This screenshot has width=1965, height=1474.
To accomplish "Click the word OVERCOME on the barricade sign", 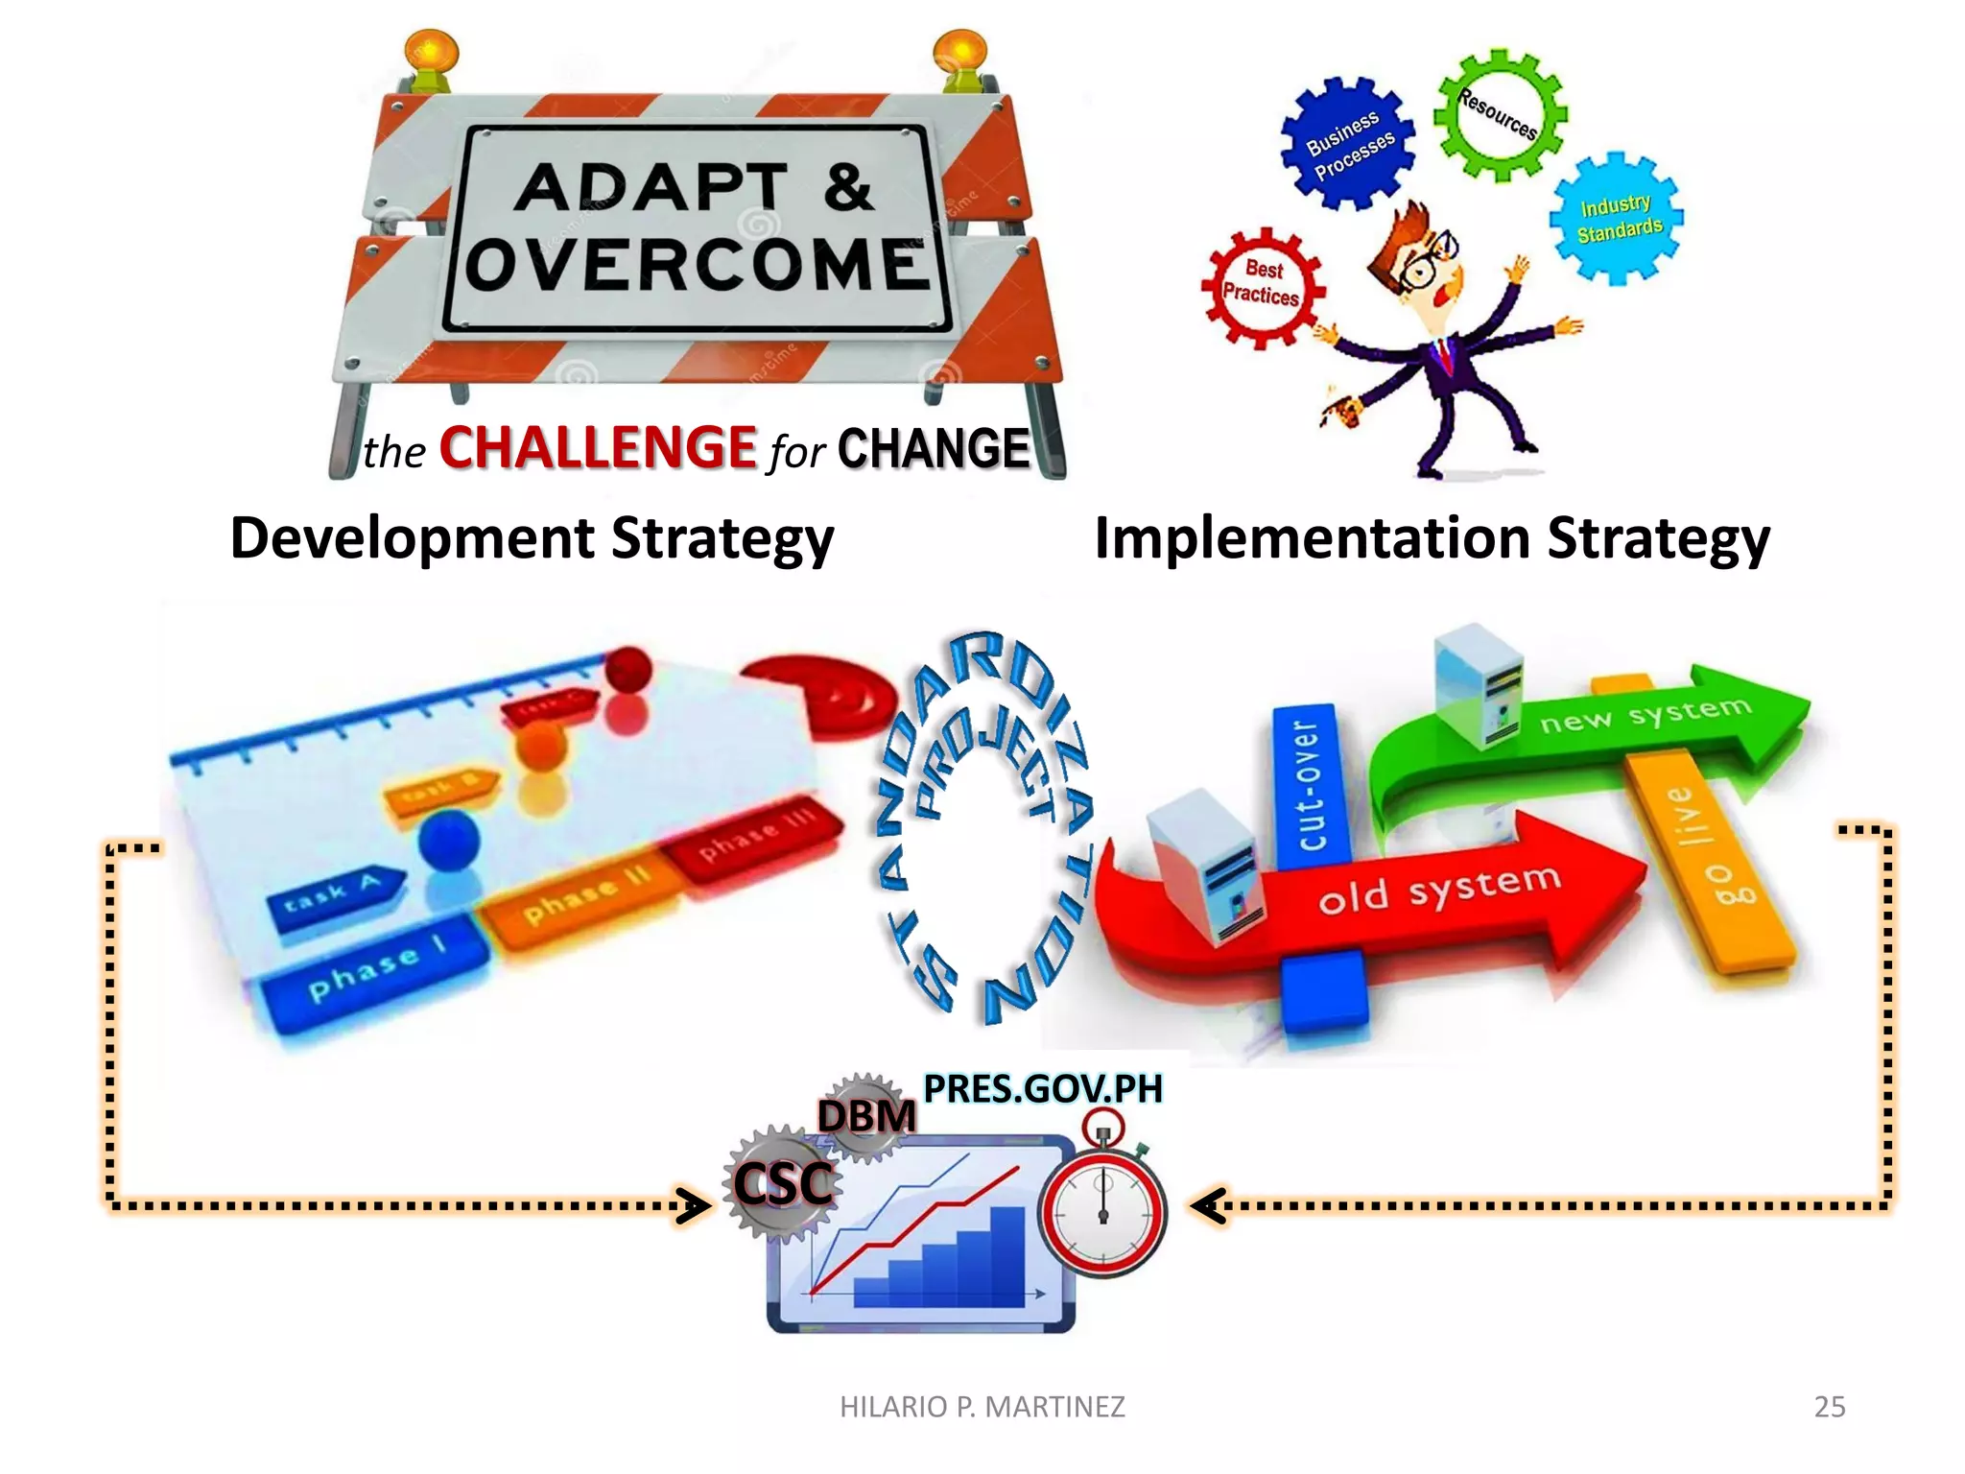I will [x=698, y=265].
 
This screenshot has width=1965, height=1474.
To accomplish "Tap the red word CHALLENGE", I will [x=598, y=447].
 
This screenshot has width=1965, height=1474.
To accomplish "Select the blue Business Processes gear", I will [x=1348, y=144].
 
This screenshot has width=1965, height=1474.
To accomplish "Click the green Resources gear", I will [x=1500, y=115].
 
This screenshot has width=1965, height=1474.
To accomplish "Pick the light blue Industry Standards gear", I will [x=1618, y=219].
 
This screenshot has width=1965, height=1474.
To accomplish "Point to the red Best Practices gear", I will [x=1262, y=285].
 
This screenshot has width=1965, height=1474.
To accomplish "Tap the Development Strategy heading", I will [x=532, y=537].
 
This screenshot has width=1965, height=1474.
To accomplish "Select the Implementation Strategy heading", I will [x=1431, y=537].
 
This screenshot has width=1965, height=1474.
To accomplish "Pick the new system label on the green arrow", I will [x=1645, y=714].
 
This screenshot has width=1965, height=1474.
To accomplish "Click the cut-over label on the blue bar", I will [x=1309, y=785].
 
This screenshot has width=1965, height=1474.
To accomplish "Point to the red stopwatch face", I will [x=1102, y=1211].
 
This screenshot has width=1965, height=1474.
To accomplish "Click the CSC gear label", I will [x=783, y=1183].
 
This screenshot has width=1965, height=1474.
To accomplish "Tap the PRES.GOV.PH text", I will [x=1042, y=1088].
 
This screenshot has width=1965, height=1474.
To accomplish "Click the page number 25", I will [x=1829, y=1406].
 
